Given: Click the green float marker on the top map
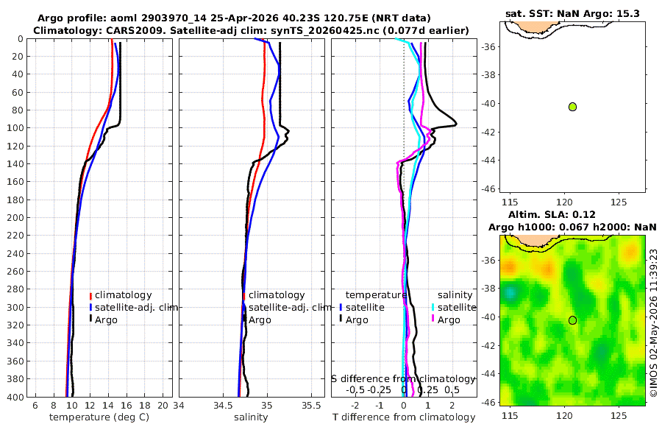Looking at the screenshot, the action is click(x=572, y=107).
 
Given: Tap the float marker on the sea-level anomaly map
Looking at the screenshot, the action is click(x=572, y=320).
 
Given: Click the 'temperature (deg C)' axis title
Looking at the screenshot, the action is click(x=99, y=417).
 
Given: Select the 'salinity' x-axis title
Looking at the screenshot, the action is click(x=251, y=417).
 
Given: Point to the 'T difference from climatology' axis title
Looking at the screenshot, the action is click(x=404, y=417).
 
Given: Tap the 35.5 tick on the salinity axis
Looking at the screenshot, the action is click(x=311, y=406).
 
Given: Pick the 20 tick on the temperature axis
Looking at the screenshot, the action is click(x=163, y=406).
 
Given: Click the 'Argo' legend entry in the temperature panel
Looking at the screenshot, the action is click(x=105, y=320).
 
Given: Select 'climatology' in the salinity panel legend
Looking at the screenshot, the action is click(x=276, y=295).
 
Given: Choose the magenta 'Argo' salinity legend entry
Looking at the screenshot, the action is click(x=449, y=320).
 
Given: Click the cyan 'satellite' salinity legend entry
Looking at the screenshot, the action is click(x=456, y=307).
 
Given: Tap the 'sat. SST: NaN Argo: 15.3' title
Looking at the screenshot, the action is click(x=572, y=13).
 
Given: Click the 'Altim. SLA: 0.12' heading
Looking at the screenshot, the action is click(x=552, y=214).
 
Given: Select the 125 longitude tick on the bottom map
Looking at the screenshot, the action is click(x=619, y=414).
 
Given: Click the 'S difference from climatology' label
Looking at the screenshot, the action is click(x=404, y=379).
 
